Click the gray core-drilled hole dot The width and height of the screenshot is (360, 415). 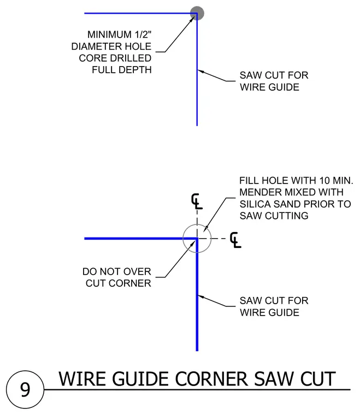[x=197, y=13]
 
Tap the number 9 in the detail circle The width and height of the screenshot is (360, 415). [x=25, y=389]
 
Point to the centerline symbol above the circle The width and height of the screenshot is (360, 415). [x=197, y=201]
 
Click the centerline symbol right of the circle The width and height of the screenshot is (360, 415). [x=235, y=240]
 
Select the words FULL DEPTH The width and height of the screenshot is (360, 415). [x=122, y=69]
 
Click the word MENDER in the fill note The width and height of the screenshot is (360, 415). [x=261, y=192]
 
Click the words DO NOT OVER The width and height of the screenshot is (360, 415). [x=117, y=271]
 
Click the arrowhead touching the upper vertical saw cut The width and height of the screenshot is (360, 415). [x=201, y=71]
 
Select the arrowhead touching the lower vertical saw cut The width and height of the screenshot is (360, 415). [x=201, y=297]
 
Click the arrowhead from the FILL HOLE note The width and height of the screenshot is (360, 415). [x=206, y=229]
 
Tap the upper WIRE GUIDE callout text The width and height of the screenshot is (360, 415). [x=269, y=87]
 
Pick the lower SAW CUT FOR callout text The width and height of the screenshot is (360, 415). [x=274, y=301]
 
